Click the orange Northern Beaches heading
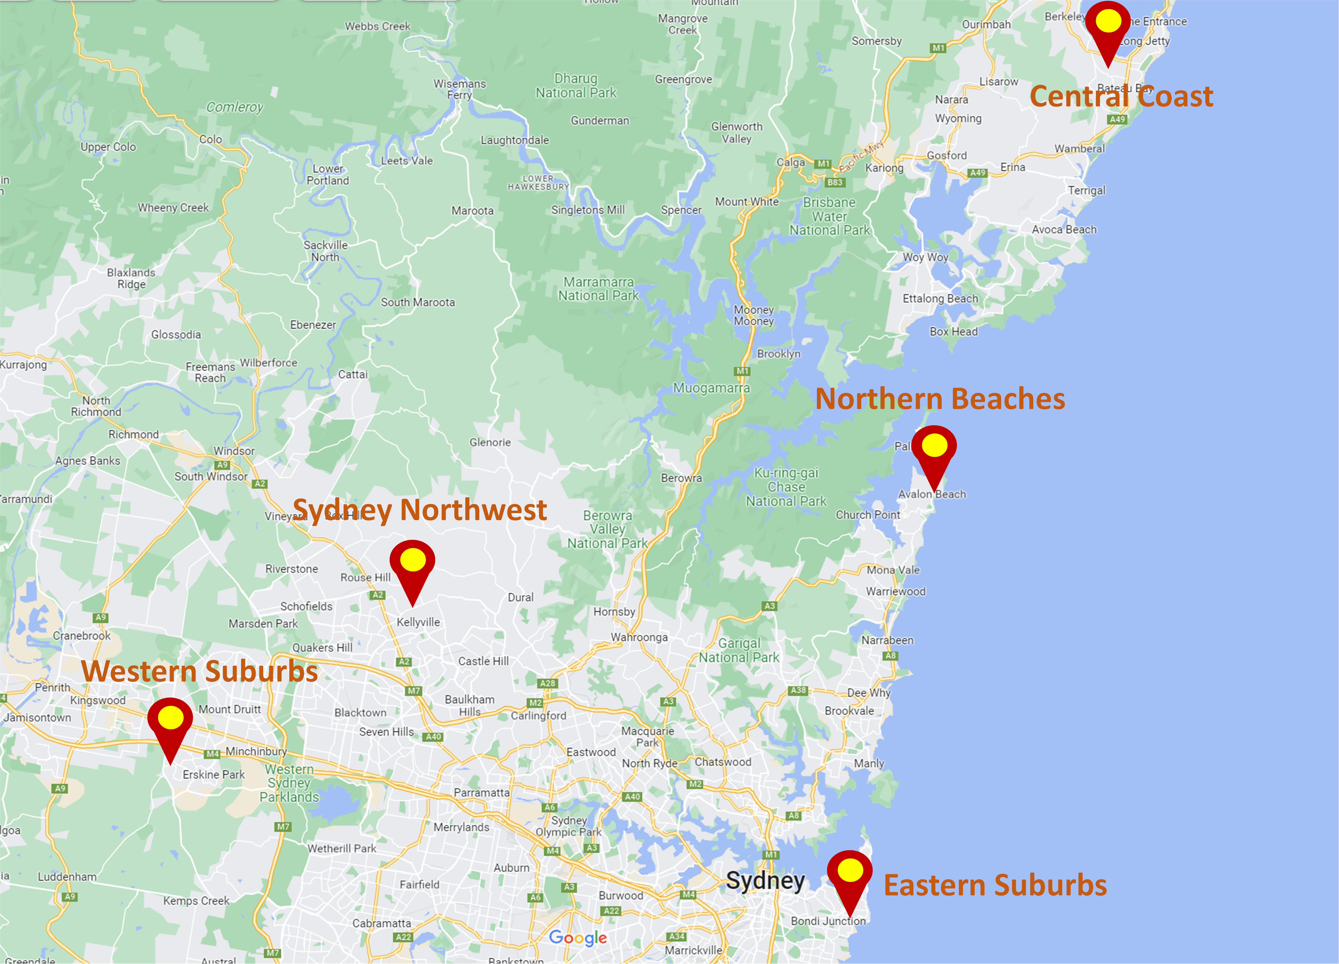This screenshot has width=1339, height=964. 940,399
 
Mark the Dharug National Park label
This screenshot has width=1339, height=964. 576,86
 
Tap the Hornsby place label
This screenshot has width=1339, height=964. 614,612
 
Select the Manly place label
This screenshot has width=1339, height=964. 868,763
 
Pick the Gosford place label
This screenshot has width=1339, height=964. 946,155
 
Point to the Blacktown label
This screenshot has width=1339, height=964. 360,713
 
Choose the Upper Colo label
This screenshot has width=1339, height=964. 108,147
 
